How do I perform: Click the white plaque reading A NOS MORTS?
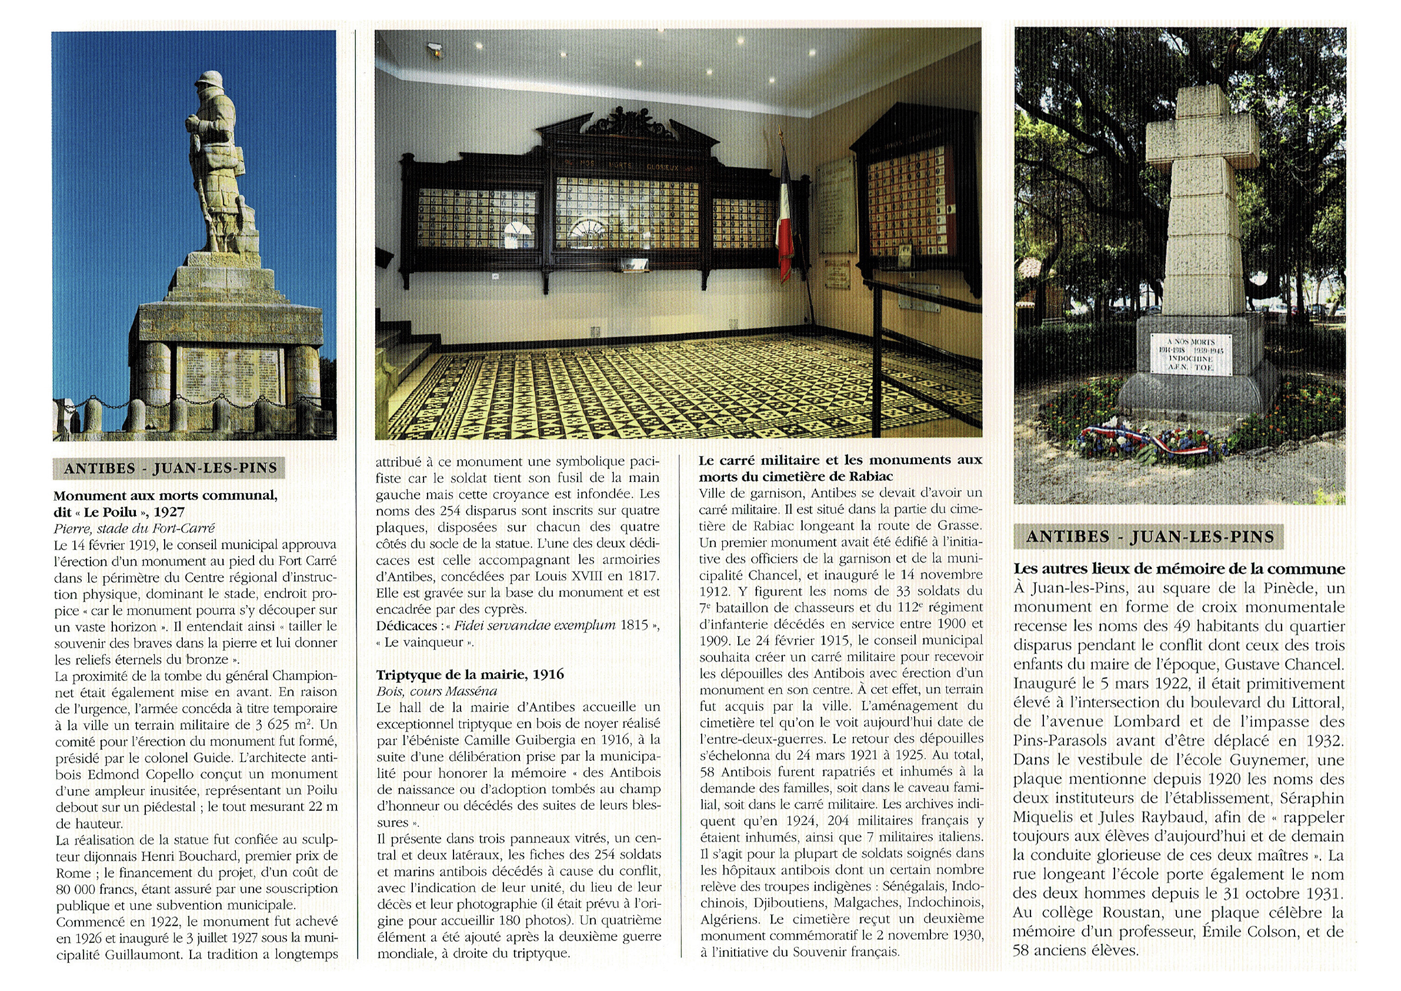1190,354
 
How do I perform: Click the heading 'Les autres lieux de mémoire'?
1179,569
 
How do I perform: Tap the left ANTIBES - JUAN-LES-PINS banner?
170,468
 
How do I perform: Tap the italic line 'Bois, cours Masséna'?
436,691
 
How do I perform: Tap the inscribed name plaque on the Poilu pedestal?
230,374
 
